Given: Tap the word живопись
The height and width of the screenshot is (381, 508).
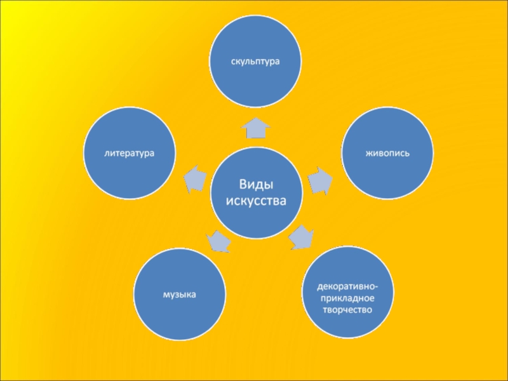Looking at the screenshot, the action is (x=387, y=154).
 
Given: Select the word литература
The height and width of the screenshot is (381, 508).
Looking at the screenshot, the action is (x=130, y=154).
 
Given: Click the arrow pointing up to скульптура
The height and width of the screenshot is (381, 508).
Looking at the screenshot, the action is (x=255, y=128).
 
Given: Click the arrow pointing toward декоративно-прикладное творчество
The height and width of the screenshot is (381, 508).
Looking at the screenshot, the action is (x=300, y=237).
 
